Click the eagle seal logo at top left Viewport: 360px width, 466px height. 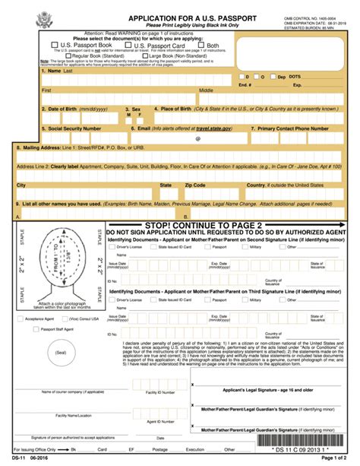point(25,17)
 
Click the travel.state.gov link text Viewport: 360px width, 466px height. point(217,128)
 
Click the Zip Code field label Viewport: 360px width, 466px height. point(194,185)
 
